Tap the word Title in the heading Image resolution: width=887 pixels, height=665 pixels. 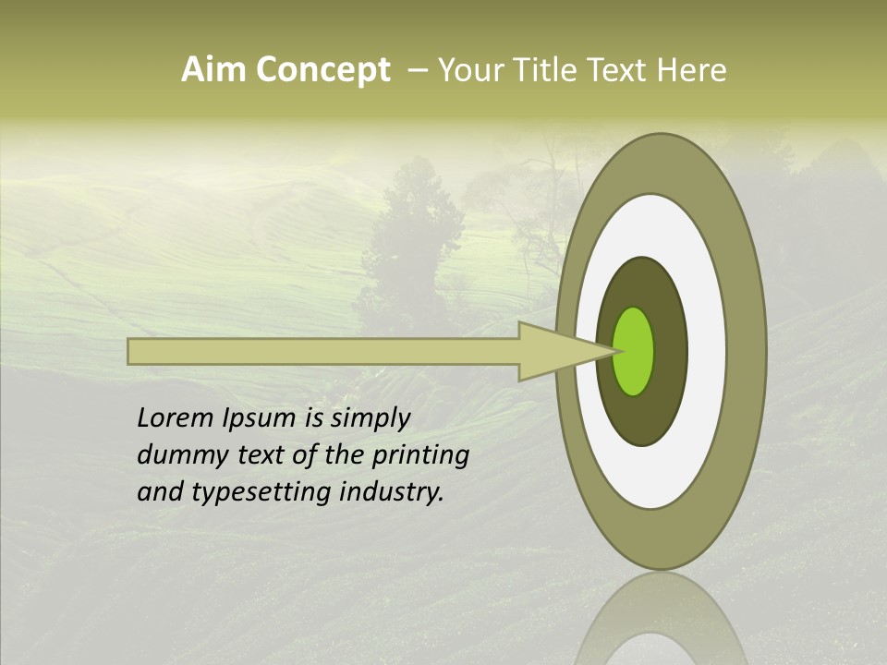546,70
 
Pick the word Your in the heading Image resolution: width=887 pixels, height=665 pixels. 471,70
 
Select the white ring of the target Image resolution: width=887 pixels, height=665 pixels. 707,351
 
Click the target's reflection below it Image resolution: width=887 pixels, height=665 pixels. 661,623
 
